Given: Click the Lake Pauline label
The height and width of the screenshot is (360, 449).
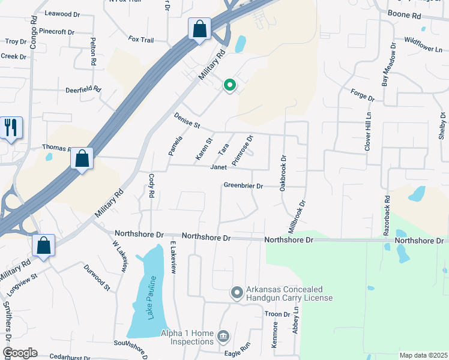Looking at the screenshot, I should point(152,297).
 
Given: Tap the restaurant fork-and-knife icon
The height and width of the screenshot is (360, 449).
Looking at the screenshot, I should point(11,127).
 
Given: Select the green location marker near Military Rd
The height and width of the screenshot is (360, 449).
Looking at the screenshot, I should point(229,86).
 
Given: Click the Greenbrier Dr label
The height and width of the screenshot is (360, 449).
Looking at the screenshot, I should point(243,186).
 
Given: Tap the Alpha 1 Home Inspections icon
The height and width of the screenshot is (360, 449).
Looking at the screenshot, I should point(223,334).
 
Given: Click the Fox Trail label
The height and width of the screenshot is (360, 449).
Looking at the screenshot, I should point(141,40).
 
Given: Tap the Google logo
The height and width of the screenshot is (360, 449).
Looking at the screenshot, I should point(19,353).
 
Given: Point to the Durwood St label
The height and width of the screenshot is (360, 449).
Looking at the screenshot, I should point(97,278).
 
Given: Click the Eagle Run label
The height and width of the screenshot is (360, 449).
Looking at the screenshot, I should point(237,346).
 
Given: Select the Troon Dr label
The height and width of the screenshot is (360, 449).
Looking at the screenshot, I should point(278,314).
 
